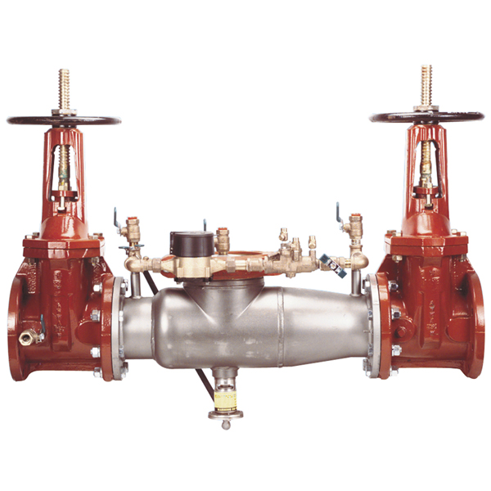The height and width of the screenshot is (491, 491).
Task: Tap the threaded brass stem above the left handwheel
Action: [x=64, y=86]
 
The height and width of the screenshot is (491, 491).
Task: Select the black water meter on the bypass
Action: [x=187, y=242]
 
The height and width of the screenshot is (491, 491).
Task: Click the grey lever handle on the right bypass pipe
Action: [x=331, y=263]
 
